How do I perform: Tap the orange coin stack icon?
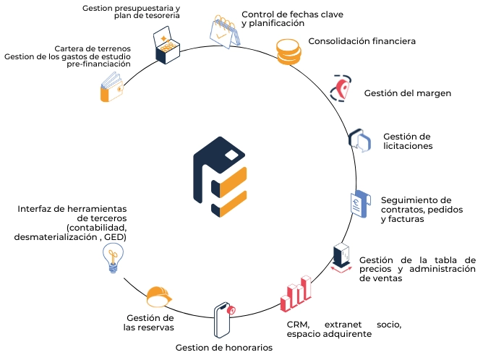point(288,51)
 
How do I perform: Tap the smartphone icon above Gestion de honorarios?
point(225,319)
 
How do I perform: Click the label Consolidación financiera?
point(362,41)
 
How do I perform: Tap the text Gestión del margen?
point(407,93)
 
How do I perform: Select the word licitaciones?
point(408,146)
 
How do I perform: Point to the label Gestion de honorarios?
point(224,347)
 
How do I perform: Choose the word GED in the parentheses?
point(134,236)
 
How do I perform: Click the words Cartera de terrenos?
point(93,49)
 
